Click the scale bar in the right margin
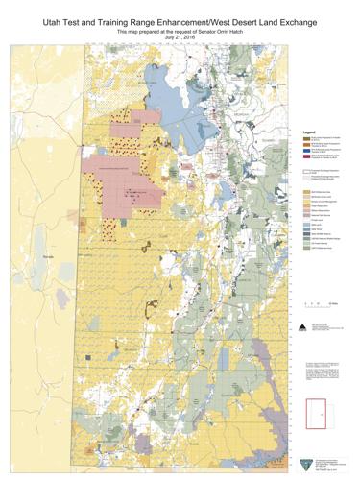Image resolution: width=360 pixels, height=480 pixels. click(x=318, y=303)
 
